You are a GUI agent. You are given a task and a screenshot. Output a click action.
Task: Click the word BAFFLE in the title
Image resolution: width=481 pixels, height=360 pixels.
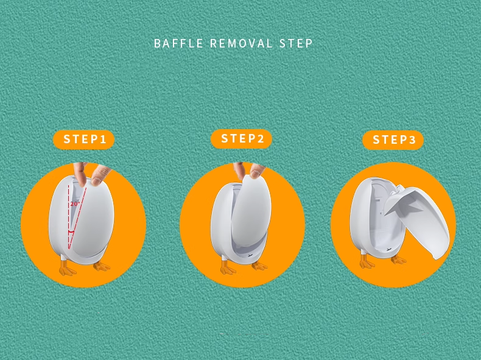click(x=178, y=43)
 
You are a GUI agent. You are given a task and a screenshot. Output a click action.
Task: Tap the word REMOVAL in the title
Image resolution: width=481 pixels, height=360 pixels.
click(x=241, y=43)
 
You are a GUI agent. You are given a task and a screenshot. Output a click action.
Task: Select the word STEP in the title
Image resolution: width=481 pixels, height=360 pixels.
click(x=296, y=43)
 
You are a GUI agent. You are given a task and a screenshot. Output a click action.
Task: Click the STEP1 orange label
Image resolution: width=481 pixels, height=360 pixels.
click(x=84, y=139)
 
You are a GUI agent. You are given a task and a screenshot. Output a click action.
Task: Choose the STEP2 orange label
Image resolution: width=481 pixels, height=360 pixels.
click(x=242, y=139)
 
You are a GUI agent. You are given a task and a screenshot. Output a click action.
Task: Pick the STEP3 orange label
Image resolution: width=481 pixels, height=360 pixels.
click(x=393, y=140)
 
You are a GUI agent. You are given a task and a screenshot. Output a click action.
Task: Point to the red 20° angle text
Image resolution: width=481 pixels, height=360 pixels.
click(x=75, y=203)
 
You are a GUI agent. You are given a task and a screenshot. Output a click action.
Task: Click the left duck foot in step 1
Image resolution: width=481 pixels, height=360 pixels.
click(x=67, y=268)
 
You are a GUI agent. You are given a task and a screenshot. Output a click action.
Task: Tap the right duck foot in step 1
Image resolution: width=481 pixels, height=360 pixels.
click(x=102, y=266)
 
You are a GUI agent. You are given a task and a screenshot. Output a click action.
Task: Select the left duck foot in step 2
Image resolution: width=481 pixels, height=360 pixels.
click(x=227, y=267)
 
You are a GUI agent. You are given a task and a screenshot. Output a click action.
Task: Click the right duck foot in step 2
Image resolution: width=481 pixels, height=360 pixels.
click(x=259, y=266)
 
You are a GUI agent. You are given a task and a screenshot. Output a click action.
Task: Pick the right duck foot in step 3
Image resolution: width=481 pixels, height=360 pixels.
click(x=398, y=259)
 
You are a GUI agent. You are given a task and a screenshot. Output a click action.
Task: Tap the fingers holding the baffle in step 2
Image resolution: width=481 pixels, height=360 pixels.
click(x=249, y=171)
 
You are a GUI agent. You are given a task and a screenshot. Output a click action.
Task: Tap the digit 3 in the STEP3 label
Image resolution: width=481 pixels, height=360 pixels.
click(x=412, y=140)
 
